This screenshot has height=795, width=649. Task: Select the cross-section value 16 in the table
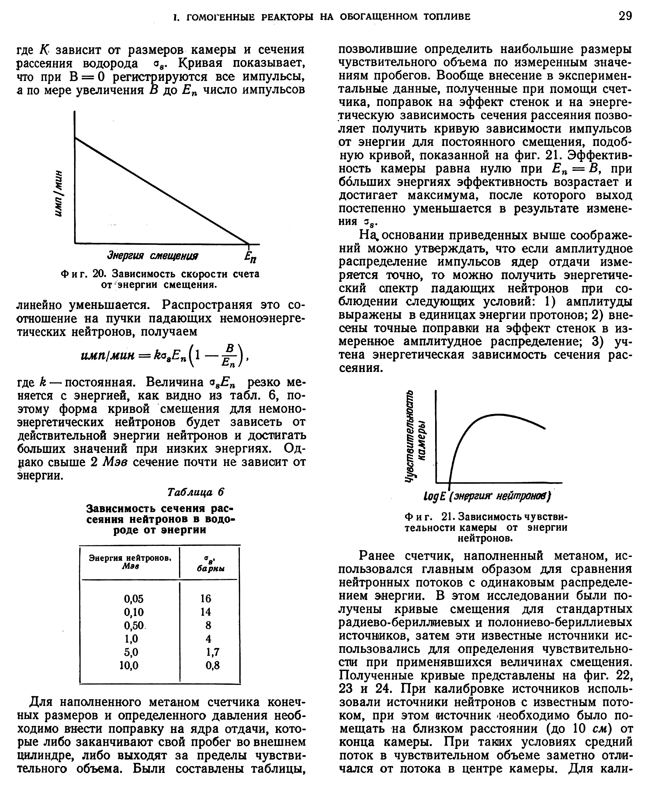pyautogui.click(x=206, y=598)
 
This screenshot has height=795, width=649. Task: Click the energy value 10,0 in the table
pyautogui.click(x=129, y=666)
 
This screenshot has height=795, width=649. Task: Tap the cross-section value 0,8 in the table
pyautogui.click(x=212, y=666)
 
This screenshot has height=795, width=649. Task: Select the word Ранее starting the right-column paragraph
pyautogui.click(x=378, y=556)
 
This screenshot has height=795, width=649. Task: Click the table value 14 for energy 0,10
pyautogui.click(x=206, y=612)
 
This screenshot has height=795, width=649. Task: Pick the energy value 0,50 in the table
pyautogui.click(x=134, y=625)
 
